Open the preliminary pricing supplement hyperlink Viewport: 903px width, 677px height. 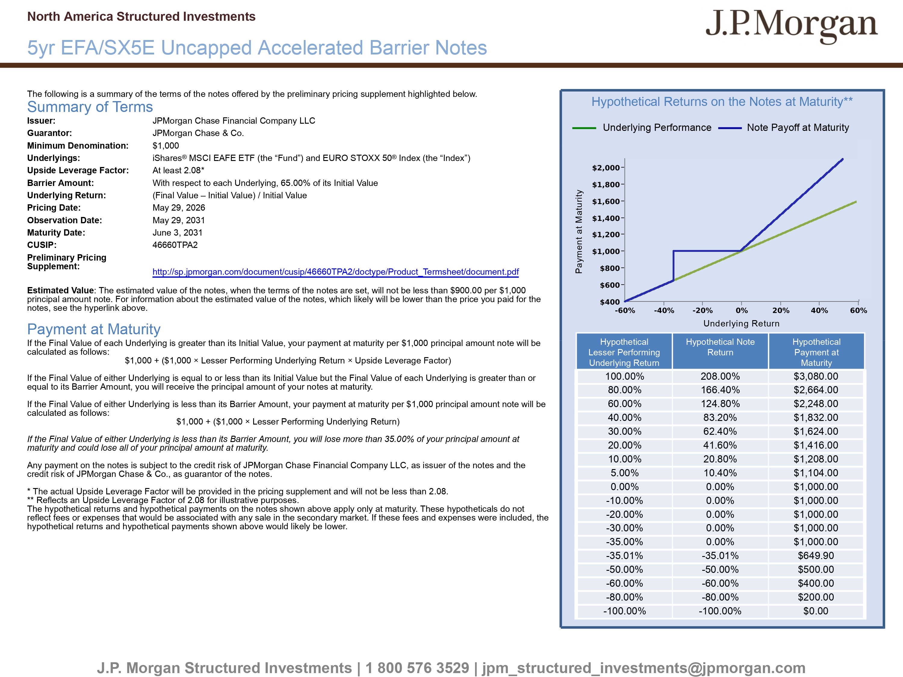coord(336,272)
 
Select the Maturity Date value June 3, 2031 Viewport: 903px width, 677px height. coord(178,233)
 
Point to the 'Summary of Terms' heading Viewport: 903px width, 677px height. coord(90,107)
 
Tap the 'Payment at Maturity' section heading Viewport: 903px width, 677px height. coord(94,329)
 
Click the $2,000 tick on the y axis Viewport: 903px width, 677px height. coord(606,168)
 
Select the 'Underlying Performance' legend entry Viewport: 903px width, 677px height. coord(642,128)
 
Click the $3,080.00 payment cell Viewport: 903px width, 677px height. coord(816,376)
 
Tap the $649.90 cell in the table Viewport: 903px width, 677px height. coord(816,556)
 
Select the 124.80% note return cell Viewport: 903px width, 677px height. coord(720,404)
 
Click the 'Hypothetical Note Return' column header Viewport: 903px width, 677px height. coord(720,347)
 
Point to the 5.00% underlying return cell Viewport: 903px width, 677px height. coord(625,473)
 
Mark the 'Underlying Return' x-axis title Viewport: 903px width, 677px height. coord(741,323)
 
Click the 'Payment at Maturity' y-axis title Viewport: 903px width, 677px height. coord(579,231)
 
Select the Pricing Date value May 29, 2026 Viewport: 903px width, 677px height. coord(179,208)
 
